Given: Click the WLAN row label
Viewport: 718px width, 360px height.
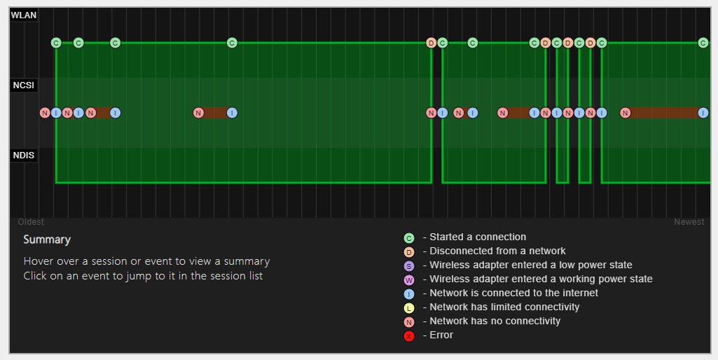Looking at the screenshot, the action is point(24,15).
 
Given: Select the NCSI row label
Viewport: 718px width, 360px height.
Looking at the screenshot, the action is point(24,85).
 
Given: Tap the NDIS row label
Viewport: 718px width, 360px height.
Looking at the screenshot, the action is point(24,155).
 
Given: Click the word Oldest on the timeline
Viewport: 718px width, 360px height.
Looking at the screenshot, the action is point(31,222).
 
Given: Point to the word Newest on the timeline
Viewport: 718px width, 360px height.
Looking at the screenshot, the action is point(689,222).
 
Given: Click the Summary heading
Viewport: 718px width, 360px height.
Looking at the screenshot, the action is point(47,240).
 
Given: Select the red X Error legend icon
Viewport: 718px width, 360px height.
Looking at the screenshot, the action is point(409,336).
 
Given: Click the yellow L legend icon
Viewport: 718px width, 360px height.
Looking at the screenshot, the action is point(409,308).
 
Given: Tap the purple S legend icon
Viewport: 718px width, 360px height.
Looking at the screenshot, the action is point(409,266).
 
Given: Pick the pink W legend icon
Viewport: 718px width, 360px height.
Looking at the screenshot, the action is point(409,280).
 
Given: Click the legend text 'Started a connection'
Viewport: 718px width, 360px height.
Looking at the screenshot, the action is point(478,237).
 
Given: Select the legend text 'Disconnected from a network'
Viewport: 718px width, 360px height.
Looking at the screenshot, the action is point(497,251).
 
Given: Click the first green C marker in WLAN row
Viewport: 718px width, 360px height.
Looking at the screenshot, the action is point(56,43).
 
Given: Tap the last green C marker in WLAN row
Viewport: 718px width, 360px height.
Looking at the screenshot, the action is point(703,43).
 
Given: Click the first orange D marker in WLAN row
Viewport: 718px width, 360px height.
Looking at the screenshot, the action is point(431,43).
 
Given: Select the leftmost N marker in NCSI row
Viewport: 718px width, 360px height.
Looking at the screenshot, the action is point(45,113).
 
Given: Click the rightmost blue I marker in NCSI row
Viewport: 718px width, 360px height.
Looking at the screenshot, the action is point(703,113).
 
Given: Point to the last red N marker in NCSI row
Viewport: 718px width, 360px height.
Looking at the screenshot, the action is point(626,113).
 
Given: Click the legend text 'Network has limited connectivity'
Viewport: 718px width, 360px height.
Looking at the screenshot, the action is point(504,307).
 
